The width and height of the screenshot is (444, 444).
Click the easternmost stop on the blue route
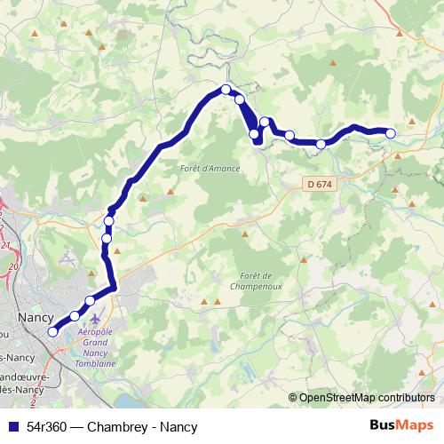390,134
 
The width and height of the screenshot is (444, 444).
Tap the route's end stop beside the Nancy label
52,332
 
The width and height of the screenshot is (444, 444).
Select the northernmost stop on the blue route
226,89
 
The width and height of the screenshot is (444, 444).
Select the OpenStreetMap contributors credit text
367,397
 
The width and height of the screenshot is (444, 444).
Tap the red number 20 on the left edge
12,266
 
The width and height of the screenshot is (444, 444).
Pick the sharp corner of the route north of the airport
115,286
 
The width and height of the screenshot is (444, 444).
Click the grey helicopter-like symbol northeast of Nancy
67,259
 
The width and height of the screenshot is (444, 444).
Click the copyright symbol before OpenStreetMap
293,397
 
